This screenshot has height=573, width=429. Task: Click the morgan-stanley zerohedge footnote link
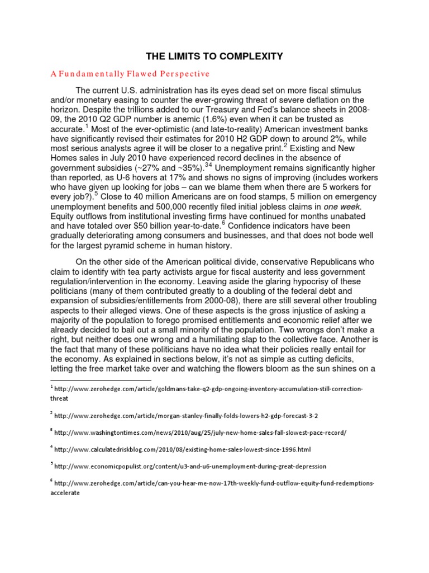tap(189, 416)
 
